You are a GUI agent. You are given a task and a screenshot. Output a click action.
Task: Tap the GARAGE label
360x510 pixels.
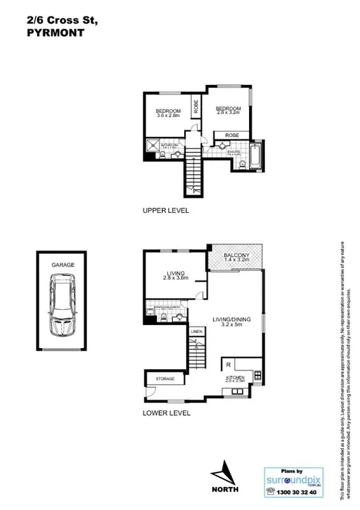tap(63, 264)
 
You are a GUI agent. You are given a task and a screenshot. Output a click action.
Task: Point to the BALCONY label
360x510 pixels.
tap(236, 256)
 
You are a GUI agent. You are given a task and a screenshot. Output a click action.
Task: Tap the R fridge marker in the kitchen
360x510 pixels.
tap(227, 365)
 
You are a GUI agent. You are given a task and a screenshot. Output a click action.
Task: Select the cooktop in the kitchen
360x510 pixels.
tap(257, 374)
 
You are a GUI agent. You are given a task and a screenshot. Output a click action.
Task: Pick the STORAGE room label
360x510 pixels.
tap(166, 379)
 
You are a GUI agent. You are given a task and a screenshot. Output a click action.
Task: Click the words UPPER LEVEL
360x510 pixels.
tap(166, 210)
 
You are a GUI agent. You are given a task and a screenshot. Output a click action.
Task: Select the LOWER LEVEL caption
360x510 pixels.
tap(166, 413)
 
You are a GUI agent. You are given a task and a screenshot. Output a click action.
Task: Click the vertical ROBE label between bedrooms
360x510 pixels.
tap(196, 107)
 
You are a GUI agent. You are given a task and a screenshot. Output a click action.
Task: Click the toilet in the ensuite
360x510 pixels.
tap(243, 165)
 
